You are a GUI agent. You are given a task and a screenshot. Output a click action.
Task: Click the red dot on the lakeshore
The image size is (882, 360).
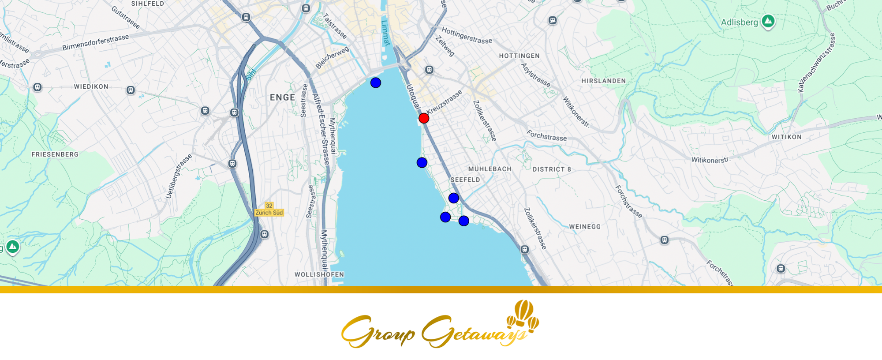click(x=424, y=118)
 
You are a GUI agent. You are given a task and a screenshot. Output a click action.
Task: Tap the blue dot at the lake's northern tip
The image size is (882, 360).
click(x=376, y=82)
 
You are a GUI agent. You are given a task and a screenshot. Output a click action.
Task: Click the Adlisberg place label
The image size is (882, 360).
click(x=739, y=22)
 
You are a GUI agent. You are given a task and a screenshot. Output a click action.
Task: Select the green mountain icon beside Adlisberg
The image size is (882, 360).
click(x=768, y=21)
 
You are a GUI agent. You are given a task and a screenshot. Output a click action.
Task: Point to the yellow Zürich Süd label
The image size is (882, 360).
click(x=269, y=213)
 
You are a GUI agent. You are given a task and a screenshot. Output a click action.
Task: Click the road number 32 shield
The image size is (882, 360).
click(x=269, y=206)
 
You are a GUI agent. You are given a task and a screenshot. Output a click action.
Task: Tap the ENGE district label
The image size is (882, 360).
click(x=282, y=97)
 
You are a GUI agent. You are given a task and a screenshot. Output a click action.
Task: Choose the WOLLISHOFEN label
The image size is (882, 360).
click(x=319, y=274)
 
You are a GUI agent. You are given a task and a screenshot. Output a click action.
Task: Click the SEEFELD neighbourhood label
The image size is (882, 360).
click(x=465, y=180)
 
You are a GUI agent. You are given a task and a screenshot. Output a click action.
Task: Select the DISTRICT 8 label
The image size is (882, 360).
click(x=552, y=169)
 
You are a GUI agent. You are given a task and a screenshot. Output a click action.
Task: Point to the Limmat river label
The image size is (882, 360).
click(x=385, y=33)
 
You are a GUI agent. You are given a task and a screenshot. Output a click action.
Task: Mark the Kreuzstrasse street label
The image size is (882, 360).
click(x=445, y=102)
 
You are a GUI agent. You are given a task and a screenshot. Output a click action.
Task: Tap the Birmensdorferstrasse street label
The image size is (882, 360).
click(x=96, y=42)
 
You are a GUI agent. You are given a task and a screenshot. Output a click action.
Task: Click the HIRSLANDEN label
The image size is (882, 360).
click(x=603, y=81)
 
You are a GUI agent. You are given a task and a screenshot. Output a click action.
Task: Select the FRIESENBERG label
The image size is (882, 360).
click(x=55, y=154)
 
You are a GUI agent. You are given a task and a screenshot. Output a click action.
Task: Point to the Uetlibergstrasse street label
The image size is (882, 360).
click(x=179, y=176)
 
